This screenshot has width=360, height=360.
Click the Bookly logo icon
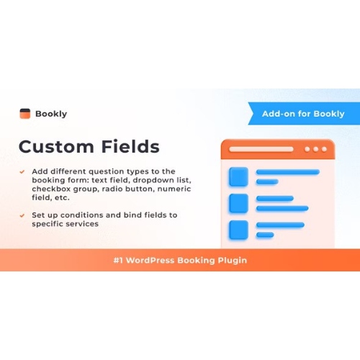pos(25,113)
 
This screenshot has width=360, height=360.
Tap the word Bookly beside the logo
pos(52,113)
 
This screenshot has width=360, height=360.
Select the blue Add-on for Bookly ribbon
pos(302,113)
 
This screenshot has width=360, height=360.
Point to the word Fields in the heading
pos(129,147)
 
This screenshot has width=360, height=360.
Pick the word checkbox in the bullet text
pos(51,189)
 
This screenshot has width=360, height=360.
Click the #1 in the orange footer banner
pos(120,260)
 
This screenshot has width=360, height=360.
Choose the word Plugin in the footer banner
pos(228,260)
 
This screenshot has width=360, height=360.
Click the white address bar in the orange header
pos(261,150)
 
